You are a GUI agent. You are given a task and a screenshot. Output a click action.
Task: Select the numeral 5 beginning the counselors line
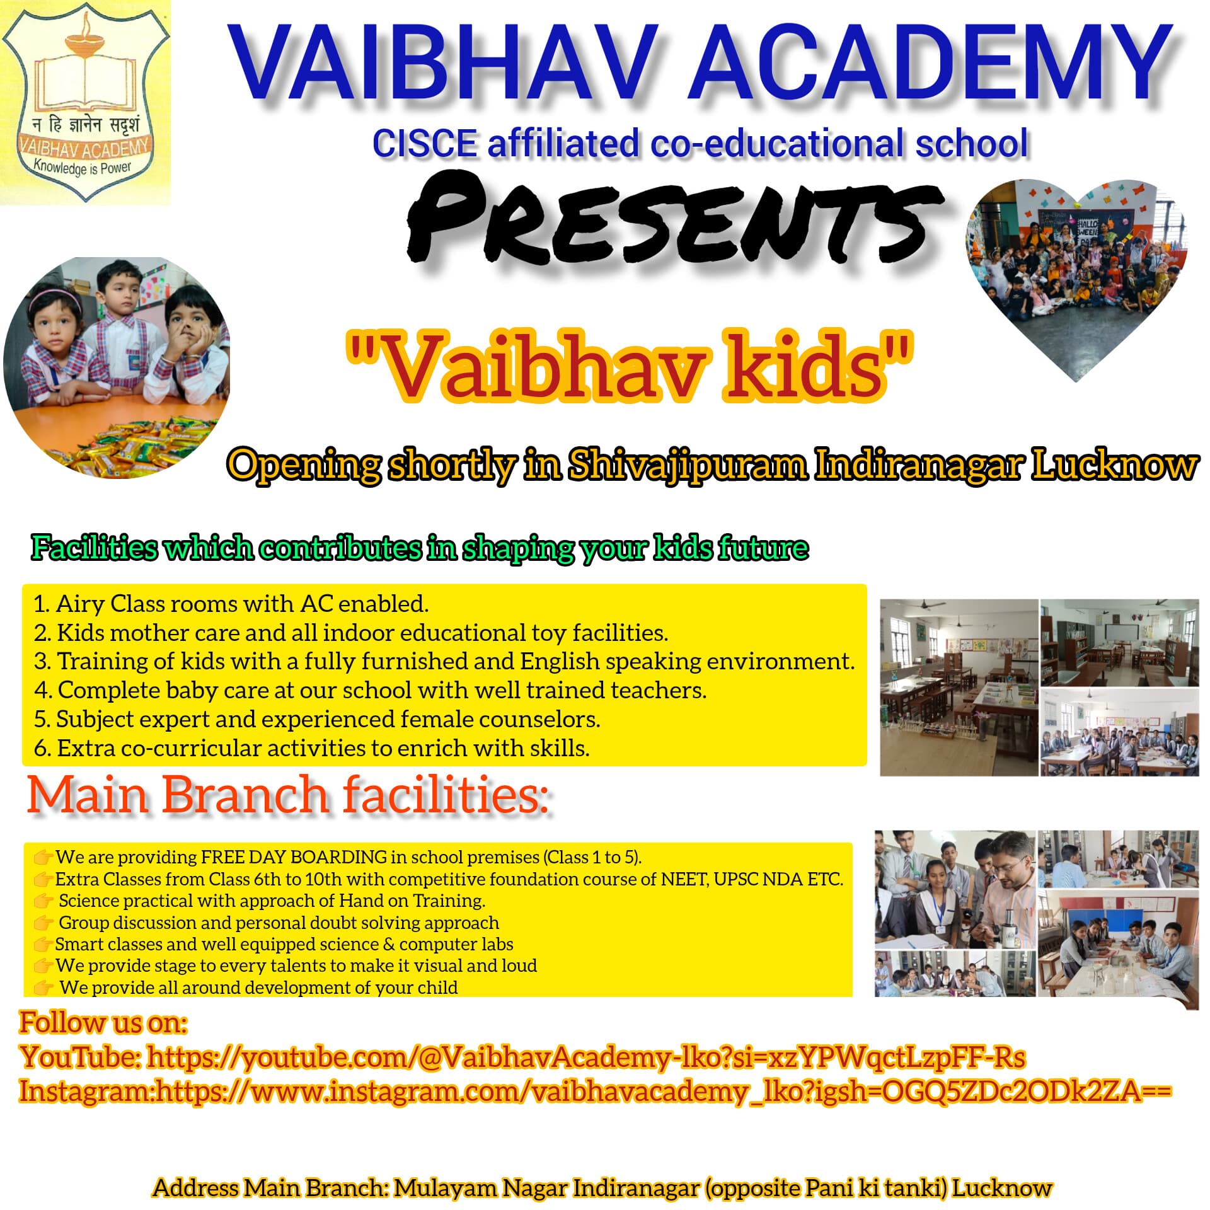(40, 719)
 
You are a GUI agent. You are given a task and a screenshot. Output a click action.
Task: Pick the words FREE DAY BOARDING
(294, 857)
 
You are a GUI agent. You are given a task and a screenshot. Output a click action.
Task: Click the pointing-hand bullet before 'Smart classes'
(43, 945)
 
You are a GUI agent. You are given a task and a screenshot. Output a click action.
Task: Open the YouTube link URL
(586, 1057)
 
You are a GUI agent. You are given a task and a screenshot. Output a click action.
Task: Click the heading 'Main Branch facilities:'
(288, 794)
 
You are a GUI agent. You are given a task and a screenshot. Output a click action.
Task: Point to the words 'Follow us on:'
(103, 1022)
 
